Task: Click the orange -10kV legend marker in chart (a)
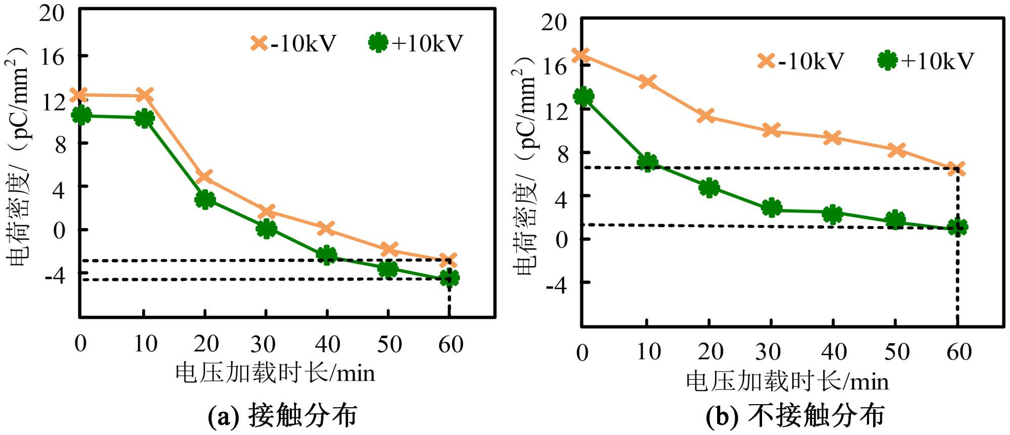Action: pos(259,43)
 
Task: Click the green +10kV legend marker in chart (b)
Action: pos(887,61)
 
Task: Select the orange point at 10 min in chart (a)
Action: pos(144,95)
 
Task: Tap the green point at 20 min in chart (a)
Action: pos(205,199)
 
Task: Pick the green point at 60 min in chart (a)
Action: pos(449,278)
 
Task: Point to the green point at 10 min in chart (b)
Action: pos(647,162)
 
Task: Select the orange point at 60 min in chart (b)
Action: pos(956,169)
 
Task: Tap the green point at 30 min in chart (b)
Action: pos(771,207)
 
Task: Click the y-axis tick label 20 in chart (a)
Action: pos(52,14)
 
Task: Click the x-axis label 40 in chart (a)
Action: pos(327,345)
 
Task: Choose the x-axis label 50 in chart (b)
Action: pos(897,352)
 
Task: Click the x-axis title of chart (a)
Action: pos(275,373)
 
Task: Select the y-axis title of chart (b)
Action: pos(525,167)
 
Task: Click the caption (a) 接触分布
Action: pos(282,416)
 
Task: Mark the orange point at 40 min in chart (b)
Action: pos(832,138)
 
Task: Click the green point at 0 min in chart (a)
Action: pos(81,116)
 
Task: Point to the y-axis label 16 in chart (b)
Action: pos(554,66)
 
